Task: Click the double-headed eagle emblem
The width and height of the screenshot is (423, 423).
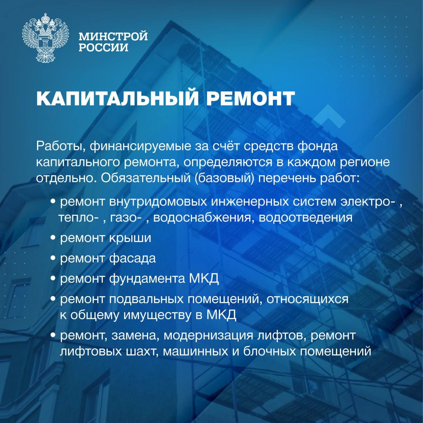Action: pyautogui.click(x=45, y=38)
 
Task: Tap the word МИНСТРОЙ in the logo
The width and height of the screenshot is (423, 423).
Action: pyautogui.click(x=113, y=36)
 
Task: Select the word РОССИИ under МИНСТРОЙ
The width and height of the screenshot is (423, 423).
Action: pyautogui.click(x=104, y=47)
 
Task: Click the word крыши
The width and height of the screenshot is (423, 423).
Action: pyautogui.click(x=130, y=238)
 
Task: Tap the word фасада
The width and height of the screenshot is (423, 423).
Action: pyautogui.click(x=133, y=258)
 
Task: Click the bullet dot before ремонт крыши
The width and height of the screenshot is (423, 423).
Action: pyautogui.click(x=53, y=239)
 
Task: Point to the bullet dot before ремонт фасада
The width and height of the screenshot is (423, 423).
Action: pyautogui.click(x=53, y=259)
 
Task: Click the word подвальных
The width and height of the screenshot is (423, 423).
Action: pyautogui.click(x=146, y=299)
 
